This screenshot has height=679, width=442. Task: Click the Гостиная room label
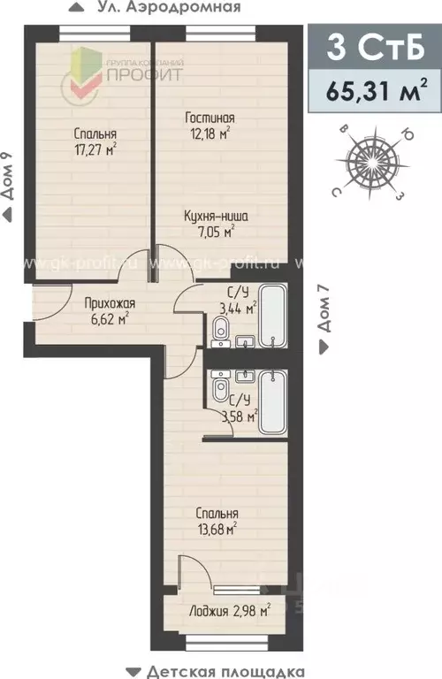pyautogui.click(x=210, y=118)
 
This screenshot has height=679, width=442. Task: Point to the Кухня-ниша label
pyautogui.click(x=210, y=217)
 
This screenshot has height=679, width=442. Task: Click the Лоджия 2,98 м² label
pyautogui.click(x=228, y=610)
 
